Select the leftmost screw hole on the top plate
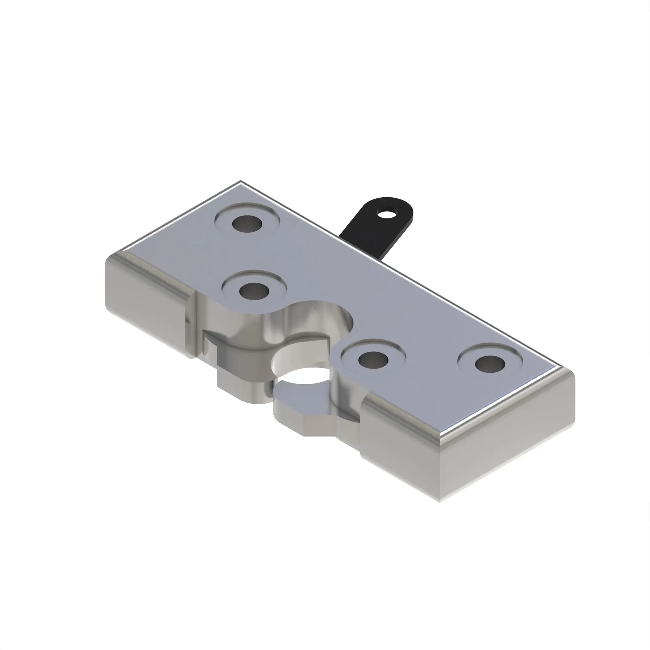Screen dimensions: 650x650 click(247, 223)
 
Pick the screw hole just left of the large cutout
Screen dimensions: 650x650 click(254, 290)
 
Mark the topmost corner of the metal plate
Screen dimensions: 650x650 click(240, 181)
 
